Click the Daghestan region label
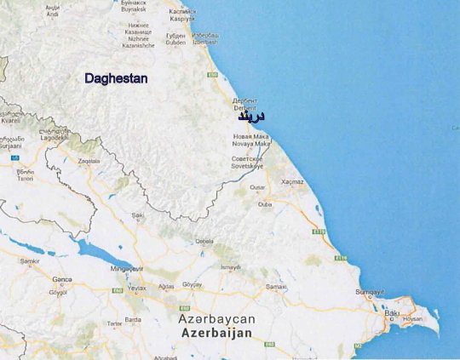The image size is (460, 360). point(116,78)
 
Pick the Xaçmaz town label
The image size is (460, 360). point(292,182)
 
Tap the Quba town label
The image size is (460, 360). point(265,203)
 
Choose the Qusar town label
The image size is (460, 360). point(257,187)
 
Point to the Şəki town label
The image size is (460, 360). point(137,215)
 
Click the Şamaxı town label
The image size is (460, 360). point(275,286)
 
